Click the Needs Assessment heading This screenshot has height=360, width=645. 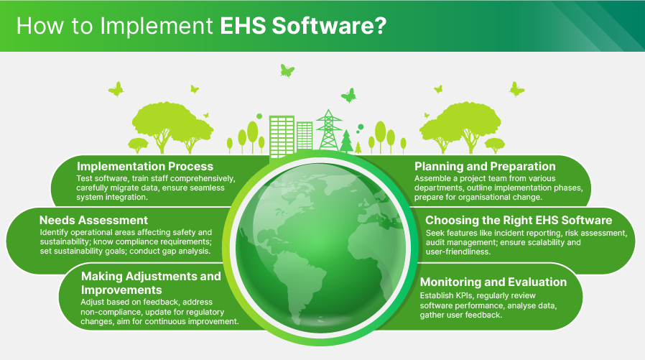click(x=93, y=220)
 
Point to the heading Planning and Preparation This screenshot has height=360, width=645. click(x=485, y=167)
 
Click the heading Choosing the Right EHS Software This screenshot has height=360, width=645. click(x=519, y=220)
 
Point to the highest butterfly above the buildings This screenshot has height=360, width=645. click(x=287, y=70)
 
